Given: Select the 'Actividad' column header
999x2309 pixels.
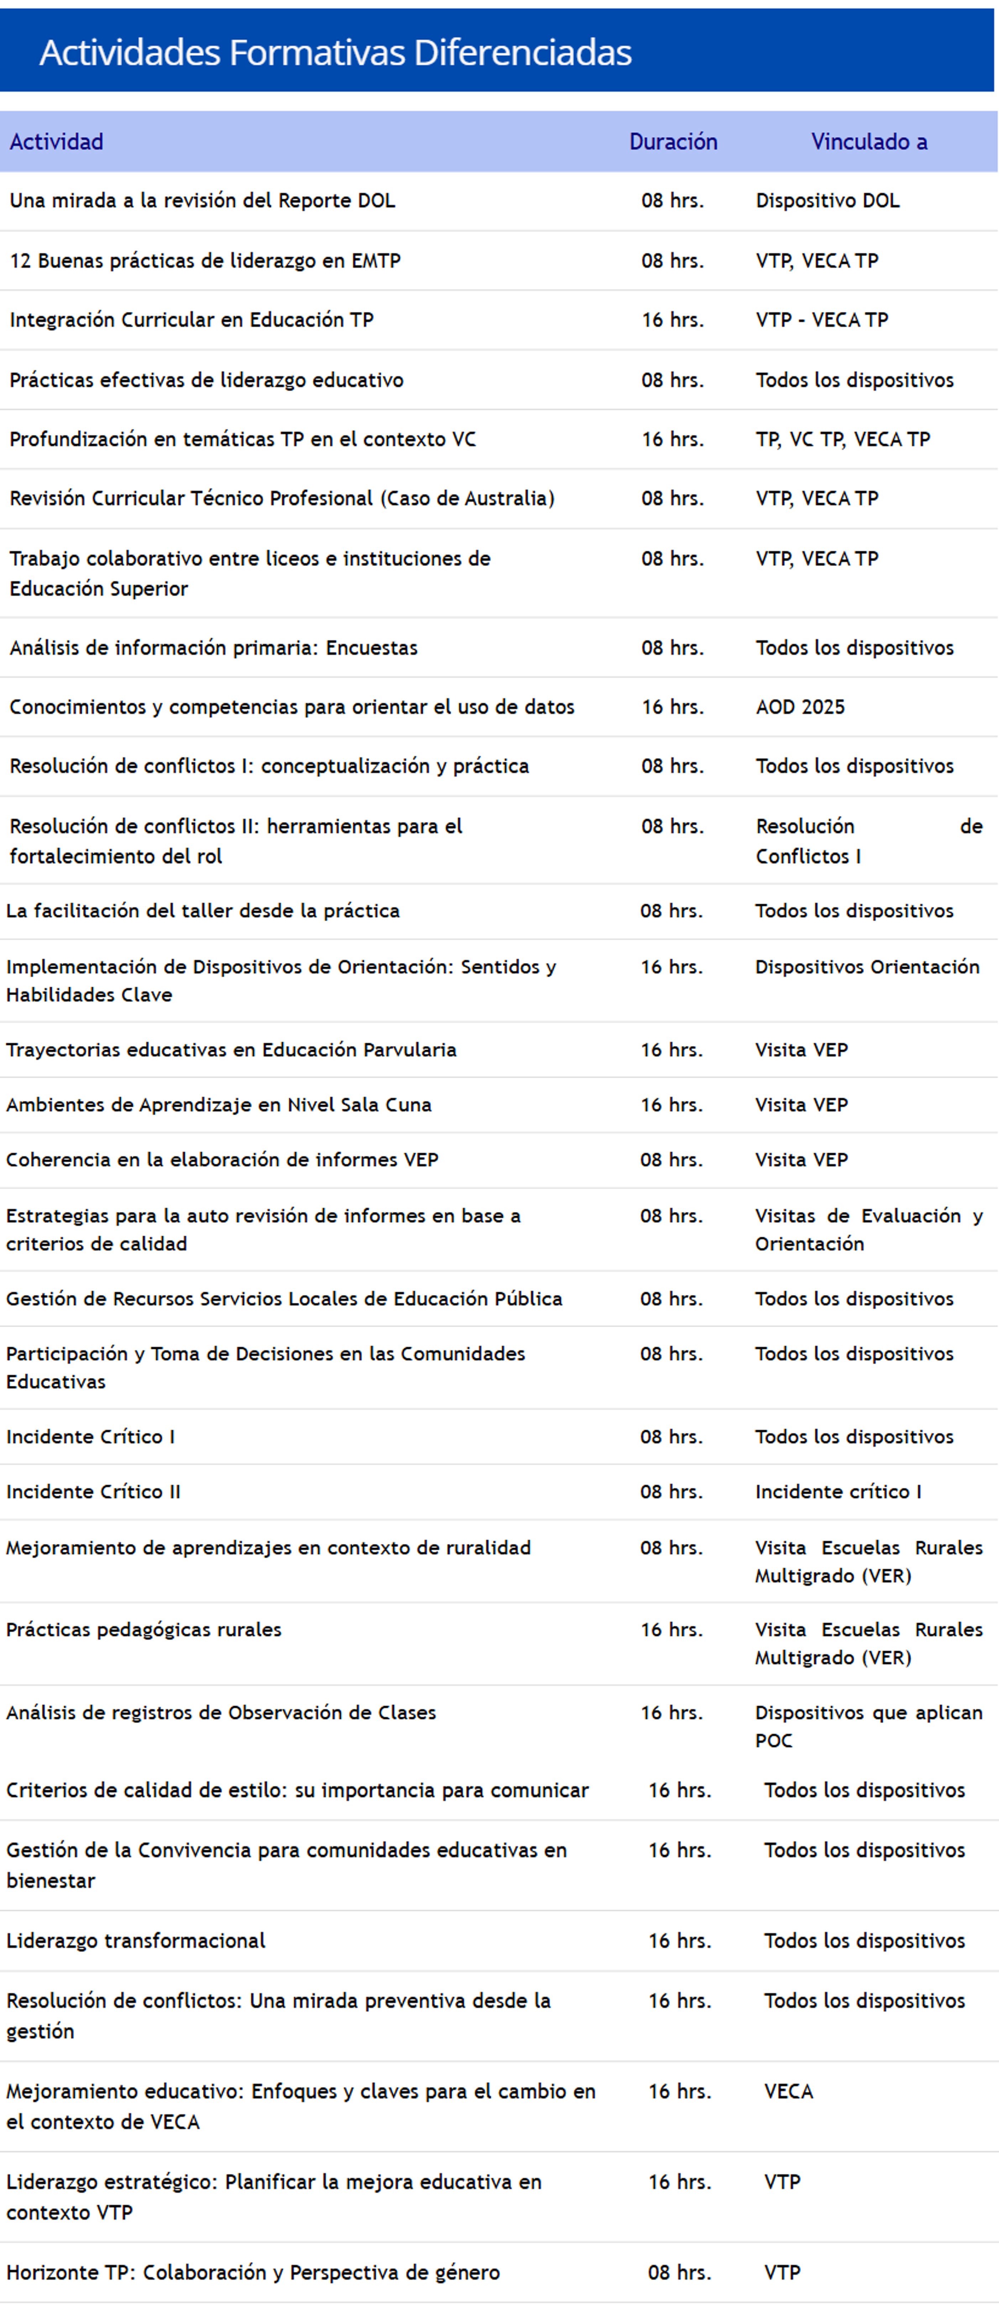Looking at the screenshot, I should [57, 142].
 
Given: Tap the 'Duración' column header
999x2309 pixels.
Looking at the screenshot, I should [673, 142].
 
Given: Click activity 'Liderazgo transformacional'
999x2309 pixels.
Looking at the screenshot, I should [135, 1941].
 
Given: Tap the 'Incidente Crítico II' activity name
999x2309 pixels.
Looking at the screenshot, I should [93, 1492].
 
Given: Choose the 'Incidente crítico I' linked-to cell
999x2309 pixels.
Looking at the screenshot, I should [838, 1492].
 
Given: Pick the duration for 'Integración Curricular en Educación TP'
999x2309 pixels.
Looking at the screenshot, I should [672, 320].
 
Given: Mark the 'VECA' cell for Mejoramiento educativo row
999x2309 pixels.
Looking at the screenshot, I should [789, 2091].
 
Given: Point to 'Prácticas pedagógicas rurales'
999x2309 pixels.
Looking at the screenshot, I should [143, 1629].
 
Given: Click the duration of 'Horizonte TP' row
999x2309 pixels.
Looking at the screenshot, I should [679, 2272].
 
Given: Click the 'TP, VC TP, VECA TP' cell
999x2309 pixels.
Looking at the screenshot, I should [842, 439].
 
